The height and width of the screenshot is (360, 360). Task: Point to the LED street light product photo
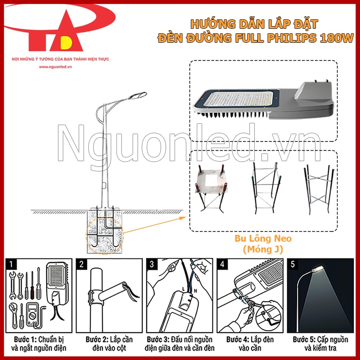point(265,101)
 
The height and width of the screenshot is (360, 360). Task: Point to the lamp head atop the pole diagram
point(138,95)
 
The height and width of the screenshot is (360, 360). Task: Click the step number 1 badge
point(13,264)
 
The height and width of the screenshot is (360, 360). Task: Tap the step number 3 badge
point(152,264)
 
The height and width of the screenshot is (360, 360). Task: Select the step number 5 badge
point(293,264)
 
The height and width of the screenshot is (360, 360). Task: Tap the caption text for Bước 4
point(250,343)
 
